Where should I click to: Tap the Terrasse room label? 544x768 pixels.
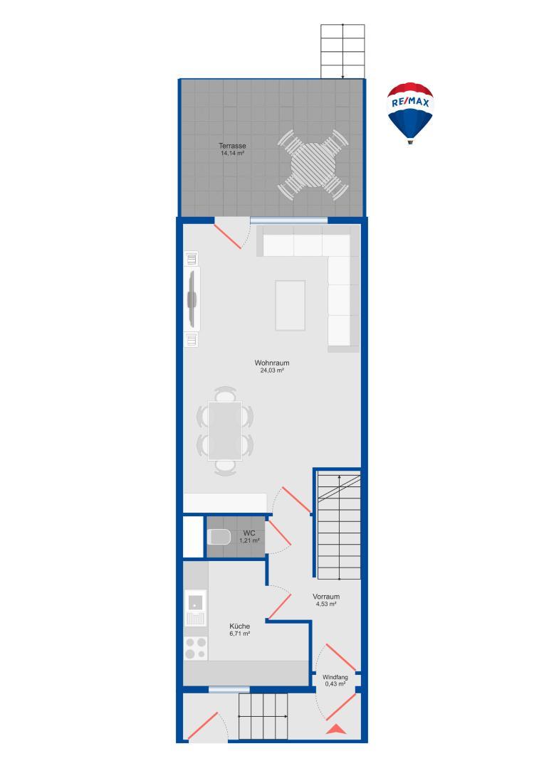tap(233, 146)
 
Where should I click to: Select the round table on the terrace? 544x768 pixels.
tap(313, 165)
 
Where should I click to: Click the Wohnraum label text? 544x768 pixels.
tap(272, 363)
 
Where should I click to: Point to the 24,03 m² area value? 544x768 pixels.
tap(272, 370)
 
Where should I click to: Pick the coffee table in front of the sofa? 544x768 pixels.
tap(291, 305)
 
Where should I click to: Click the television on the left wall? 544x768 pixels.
tap(192, 299)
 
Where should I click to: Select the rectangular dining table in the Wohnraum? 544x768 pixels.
tap(224, 431)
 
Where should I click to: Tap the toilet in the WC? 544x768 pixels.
tap(218, 537)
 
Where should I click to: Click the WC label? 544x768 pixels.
tap(249, 533)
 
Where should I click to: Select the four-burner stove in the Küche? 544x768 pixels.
tap(196, 649)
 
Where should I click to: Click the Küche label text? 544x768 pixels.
tap(239, 626)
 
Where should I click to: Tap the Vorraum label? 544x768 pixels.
tap(326, 597)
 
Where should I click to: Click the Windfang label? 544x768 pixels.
tap(335, 677)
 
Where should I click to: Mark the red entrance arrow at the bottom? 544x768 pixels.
tap(335, 728)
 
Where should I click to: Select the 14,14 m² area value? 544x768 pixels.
tap(233, 153)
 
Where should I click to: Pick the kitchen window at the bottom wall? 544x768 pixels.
tap(229, 688)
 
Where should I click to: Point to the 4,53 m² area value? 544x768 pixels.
tap(326, 604)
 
